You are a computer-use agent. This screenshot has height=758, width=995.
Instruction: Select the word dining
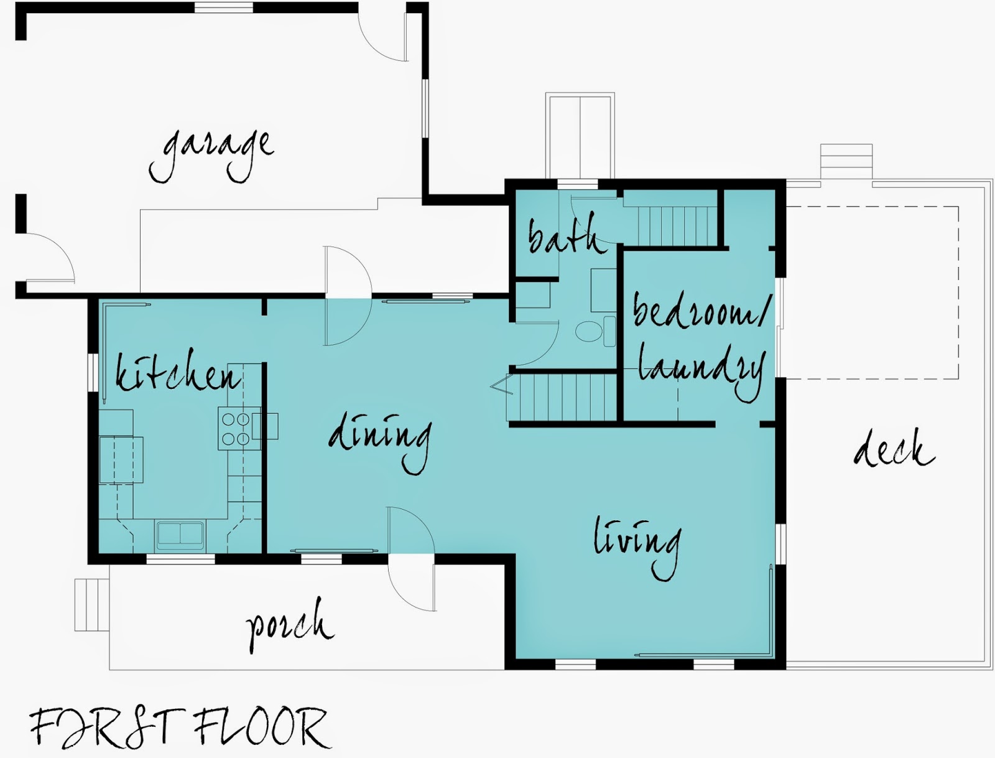point(380,442)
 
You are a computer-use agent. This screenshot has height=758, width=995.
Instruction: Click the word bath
point(567,236)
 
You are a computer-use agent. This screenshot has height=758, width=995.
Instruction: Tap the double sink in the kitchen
point(180,533)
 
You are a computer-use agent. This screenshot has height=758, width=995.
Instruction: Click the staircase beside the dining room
point(562,398)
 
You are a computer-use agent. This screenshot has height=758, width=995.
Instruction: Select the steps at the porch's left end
point(92,605)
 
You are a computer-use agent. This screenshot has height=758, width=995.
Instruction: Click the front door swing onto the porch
point(411,559)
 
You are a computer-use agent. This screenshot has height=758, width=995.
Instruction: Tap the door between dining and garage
point(348,296)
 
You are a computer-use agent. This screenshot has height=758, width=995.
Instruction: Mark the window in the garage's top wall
point(223,7)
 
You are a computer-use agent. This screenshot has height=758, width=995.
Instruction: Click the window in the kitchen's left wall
point(93,372)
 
